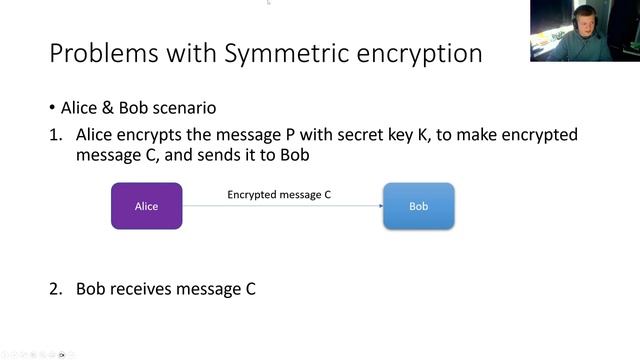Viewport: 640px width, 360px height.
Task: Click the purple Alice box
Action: [146, 206]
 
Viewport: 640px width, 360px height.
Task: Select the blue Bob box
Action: [418, 206]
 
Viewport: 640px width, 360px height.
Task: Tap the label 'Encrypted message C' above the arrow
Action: [279, 195]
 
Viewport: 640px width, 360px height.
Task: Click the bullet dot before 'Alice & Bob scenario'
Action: [52, 108]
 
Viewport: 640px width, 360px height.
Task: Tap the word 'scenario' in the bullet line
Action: [183, 108]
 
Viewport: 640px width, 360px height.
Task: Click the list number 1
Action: [56, 134]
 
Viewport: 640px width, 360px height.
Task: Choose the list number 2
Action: [56, 289]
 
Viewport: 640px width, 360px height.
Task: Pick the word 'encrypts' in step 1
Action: [154, 134]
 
